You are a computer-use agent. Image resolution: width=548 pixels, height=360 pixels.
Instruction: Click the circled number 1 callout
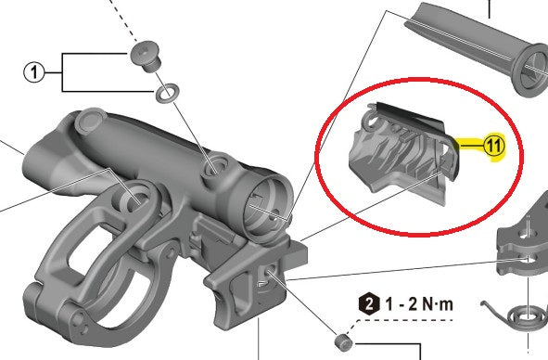click(x=34, y=72)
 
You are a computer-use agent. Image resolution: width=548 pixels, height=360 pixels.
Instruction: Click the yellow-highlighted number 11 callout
click(x=494, y=145)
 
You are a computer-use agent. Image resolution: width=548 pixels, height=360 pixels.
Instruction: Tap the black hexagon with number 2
click(x=369, y=304)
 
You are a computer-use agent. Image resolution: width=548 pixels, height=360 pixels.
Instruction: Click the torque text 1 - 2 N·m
click(x=419, y=304)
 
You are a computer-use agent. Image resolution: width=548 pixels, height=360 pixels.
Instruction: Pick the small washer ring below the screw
click(x=168, y=93)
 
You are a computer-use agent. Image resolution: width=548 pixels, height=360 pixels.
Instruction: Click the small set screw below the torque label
click(x=343, y=341)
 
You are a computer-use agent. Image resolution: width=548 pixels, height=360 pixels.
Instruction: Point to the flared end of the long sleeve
click(x=529, y=70)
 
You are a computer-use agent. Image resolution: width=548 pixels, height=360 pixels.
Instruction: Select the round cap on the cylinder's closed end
click(x=90, y=120)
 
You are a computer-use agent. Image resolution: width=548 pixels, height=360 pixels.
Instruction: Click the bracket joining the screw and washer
click(x=62, y=72)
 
